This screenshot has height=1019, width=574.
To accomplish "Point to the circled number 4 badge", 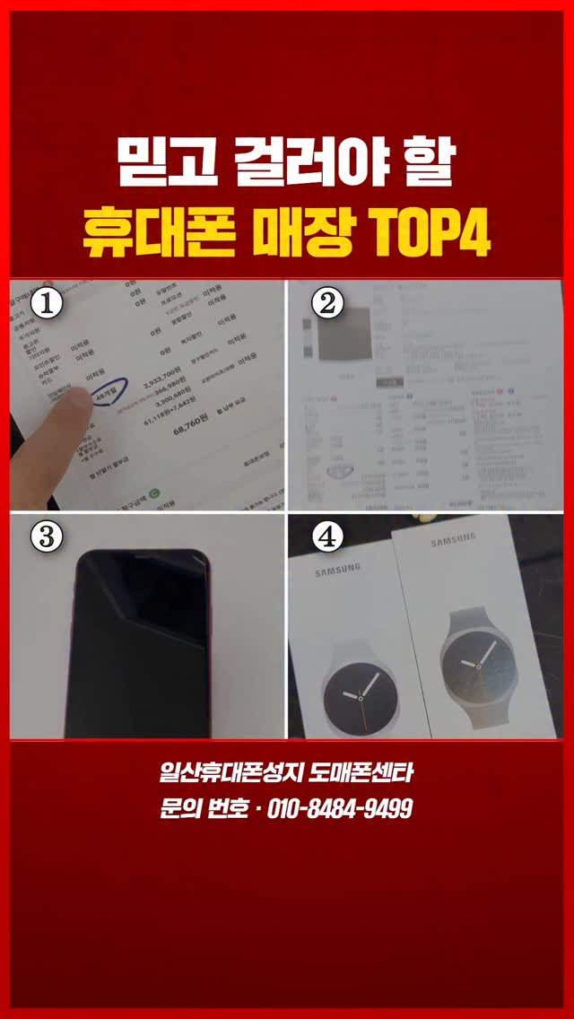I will click(327, 536).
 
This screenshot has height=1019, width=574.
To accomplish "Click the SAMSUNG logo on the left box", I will click(337, 568).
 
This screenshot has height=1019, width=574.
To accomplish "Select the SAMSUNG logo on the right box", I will click(457, 543).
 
